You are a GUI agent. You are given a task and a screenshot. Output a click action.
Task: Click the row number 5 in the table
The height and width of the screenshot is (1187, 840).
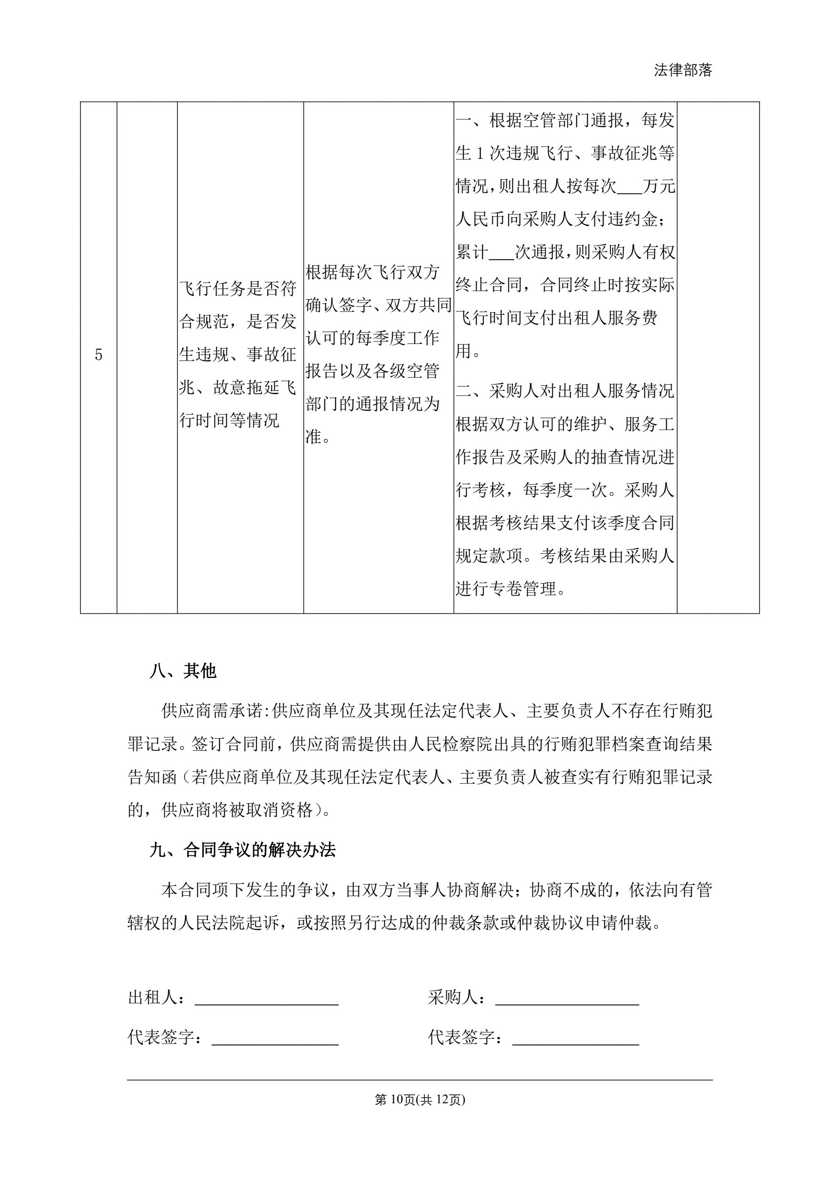click(x=98, y=355)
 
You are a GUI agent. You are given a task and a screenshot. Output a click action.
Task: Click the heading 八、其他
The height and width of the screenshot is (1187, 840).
click(x=183, y=671)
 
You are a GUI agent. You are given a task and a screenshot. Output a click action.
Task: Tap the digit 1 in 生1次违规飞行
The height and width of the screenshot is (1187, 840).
click(x=480, y=153)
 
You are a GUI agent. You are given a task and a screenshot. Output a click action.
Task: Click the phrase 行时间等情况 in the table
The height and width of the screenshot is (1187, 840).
click(x=229, y=420)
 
